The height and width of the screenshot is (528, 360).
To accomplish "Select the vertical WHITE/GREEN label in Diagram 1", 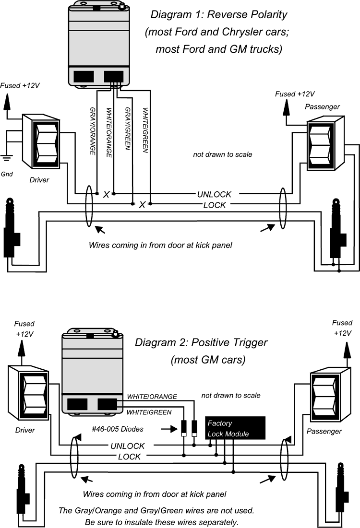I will coord(145,130).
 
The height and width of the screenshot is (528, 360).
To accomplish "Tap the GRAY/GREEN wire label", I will coord(127,129).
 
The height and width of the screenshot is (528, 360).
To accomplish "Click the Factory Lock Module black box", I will coord(235,428).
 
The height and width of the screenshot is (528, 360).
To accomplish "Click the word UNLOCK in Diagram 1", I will coord(214,194).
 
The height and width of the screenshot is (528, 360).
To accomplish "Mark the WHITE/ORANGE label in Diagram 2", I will coord(152,397).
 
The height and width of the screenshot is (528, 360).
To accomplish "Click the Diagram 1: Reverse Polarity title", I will coord(225,14).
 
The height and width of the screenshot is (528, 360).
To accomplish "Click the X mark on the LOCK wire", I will coord(142,205).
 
